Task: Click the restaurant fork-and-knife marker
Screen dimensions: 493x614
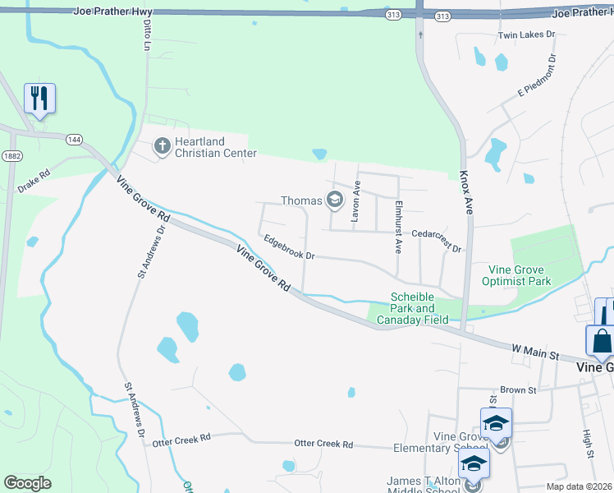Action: click(39, 99)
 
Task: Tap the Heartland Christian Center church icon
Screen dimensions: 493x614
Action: click(163, 146)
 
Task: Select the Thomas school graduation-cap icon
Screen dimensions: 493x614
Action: click(334, 200)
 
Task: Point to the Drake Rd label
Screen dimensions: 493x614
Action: click(34, 182)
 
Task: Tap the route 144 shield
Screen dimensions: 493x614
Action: click(75, 140)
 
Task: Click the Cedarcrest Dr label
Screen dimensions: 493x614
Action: click(437, 242)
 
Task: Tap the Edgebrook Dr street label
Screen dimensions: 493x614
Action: click(289, 250)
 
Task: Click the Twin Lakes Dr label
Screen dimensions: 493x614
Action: click(527, 36)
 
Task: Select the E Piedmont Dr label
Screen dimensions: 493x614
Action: click(538, 76)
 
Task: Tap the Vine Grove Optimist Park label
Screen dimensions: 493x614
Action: click(520, 275)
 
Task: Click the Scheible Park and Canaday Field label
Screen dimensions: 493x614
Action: click(419, 308)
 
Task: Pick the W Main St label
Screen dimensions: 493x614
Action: click(534, 352)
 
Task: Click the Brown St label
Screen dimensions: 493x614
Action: click(517, 390)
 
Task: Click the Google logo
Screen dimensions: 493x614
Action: click(27, 483)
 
